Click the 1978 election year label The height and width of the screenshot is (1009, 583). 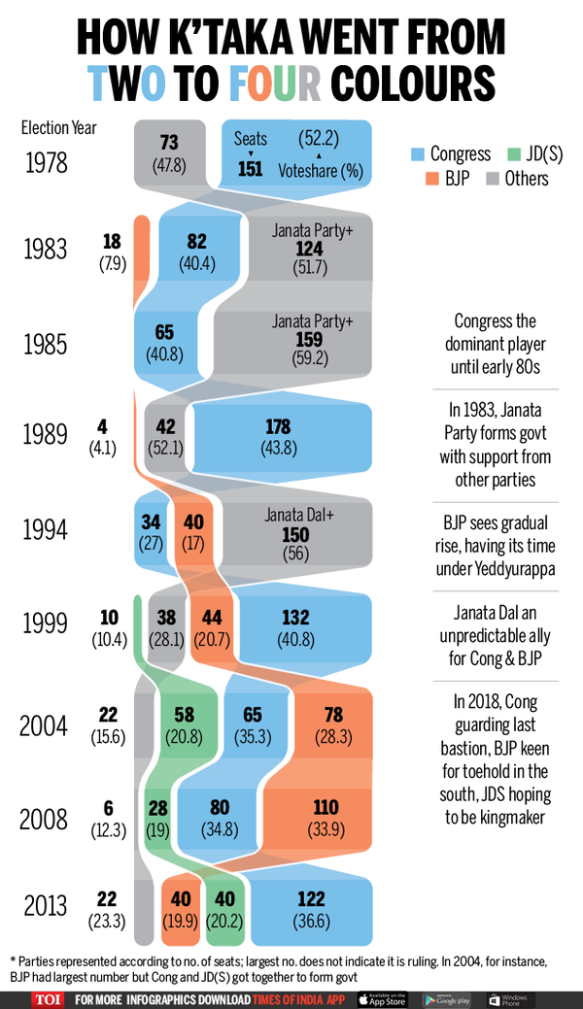click(47, 162)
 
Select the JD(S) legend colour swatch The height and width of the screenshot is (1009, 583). click(513, 153)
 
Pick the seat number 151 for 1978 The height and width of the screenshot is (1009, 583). click(251, 169)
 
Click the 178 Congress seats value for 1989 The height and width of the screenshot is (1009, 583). click(283, 424)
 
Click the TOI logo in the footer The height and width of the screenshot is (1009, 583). click(42, 998)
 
